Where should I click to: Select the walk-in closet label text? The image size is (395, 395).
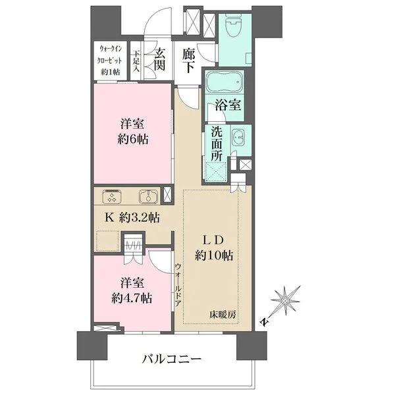110,60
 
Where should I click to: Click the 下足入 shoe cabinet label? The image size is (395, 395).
136,62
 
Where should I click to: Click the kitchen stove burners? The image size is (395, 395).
113,196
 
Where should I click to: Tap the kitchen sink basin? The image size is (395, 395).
147,196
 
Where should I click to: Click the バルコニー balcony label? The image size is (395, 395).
172,359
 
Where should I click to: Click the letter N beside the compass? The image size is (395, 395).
263,323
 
